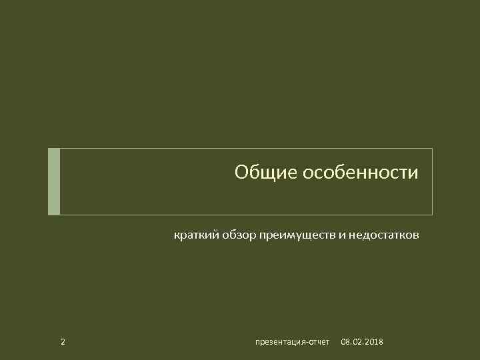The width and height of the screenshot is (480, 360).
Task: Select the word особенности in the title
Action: [x=361, y=173]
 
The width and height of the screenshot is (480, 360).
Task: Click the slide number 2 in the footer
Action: [x=63, y=342]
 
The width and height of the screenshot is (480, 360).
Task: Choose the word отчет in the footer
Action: [x=319, y=342]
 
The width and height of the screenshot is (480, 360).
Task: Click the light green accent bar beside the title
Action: [x=54, y=181]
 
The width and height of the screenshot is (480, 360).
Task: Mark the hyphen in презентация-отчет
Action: [x=305, y=343]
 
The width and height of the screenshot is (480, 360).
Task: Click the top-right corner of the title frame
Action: [x=432, y=149]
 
